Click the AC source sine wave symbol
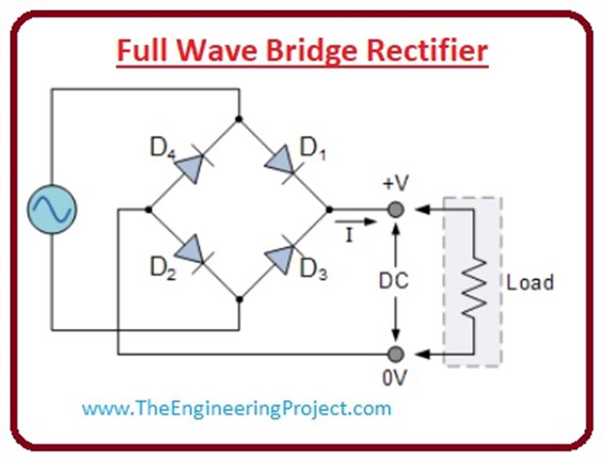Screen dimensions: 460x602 pos(52,209)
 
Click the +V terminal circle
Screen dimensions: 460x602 pos(397,210)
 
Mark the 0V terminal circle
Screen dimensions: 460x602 pos(397,354)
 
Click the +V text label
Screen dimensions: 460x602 pos(397,185)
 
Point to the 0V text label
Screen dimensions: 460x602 pos(396,378)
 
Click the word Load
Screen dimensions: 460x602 pos(530,282)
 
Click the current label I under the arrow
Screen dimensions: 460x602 pos(349,236)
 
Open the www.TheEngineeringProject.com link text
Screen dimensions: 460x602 pos(236,408)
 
